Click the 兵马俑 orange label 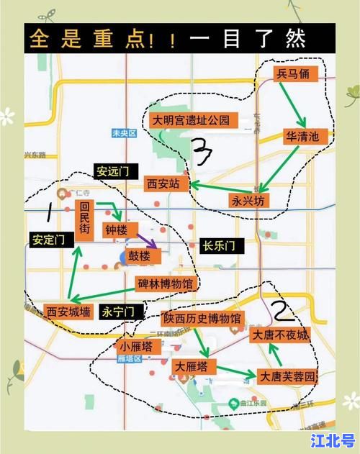(x=295, y=74)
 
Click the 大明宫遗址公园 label (x=190, y=120)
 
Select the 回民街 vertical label (x=84, y=218)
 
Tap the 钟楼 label (x=116, y=230)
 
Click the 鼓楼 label (x=140, y=256)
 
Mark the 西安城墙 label (x=68, y=312)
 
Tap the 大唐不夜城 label (x=279, y=335)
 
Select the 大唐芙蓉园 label (x=287, y=376)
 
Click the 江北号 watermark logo (x=333, y=438)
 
